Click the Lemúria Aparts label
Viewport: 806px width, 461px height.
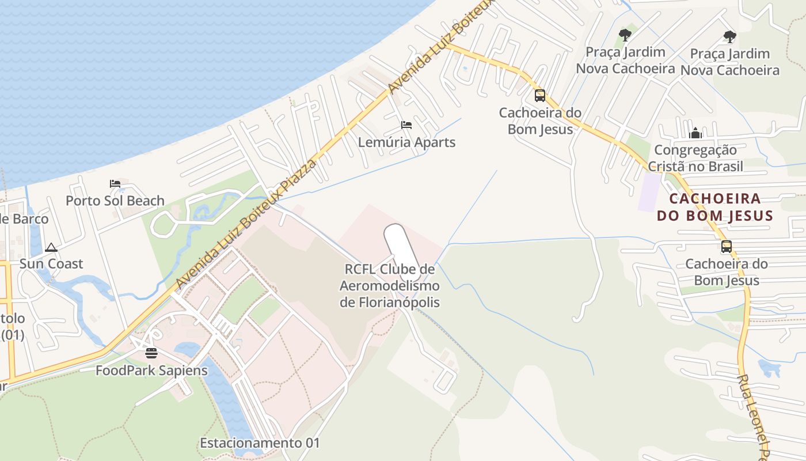click(x=406, y=142)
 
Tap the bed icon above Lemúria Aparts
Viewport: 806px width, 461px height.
click(x=406, y=124)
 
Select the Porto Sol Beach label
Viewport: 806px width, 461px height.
click(x=115, y=201)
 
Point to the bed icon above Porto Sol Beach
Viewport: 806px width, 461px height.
click(x=115, y=184)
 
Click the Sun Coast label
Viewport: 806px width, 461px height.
click(x=51, y=263)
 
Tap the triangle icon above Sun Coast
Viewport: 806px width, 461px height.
click(x=51, y=248)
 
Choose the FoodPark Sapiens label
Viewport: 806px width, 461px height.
click(x=151, y=370)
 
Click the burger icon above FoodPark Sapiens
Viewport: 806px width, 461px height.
click(x=151, y=353)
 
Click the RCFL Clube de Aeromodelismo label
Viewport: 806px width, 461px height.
click(x=390, y=286)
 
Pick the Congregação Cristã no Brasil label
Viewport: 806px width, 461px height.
click(x=695, y=158)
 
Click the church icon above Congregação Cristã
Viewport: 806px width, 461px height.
click(x=695, y=133)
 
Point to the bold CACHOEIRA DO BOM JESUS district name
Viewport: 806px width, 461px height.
click(x=714, y=207)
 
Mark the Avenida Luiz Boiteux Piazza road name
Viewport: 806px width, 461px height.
click(x=248, y=225)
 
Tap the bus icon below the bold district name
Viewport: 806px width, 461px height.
click(x=727, y=247)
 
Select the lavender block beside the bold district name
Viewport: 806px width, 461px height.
click(x=649, y=191)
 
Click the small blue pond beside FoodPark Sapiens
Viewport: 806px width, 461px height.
click(x=187, y=349)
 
